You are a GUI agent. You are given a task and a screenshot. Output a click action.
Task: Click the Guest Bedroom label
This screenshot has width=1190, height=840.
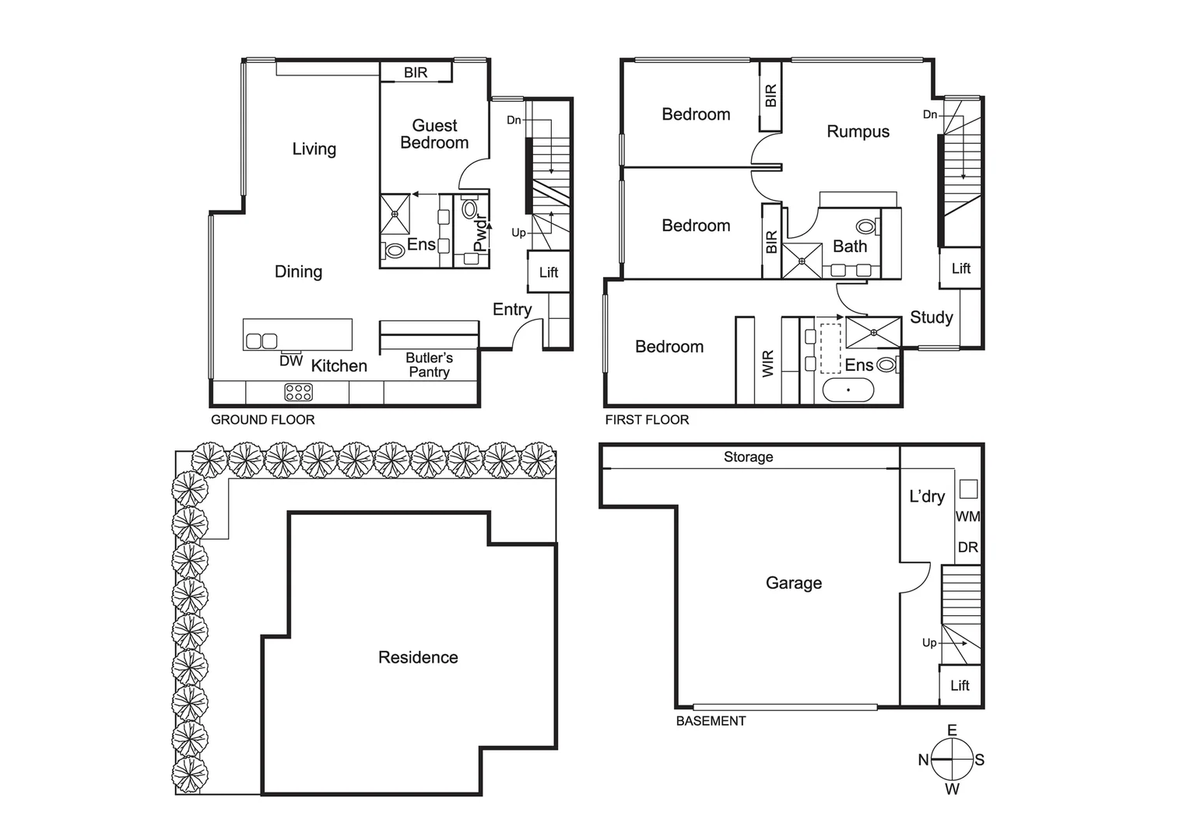coord(434,134)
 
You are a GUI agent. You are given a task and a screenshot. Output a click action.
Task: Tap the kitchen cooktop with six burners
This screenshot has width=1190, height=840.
coord(299,393)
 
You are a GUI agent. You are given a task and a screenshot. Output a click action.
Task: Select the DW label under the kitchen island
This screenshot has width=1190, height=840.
coord(291,361)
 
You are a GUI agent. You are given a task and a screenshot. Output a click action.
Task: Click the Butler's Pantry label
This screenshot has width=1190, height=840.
coord(429,365)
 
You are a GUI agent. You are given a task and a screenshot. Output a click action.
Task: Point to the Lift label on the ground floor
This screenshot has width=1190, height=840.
coord(549,272)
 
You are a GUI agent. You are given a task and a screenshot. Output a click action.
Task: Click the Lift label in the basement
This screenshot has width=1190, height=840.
coord(960,685)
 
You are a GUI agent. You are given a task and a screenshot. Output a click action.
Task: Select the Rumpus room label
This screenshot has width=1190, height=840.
coord(858,131)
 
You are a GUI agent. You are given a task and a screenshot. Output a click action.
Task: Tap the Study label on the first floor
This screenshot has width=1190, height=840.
coord(931,317)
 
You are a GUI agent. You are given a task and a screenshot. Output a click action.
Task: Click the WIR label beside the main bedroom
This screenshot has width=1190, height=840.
coord(768,364)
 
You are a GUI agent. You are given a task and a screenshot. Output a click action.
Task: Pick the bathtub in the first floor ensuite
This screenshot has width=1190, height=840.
coord(848,390)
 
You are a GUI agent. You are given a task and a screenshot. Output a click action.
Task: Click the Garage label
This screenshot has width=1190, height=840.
coord(793,583)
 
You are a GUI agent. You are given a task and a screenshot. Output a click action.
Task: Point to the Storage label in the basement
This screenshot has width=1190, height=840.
coord(748,457)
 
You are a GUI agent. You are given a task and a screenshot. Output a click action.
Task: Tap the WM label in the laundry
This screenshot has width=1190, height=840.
coord(967,516)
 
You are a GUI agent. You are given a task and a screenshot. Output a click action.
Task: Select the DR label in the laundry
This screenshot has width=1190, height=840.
coord(967,547)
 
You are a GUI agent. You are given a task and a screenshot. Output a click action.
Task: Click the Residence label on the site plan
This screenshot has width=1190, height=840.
coord(418,657)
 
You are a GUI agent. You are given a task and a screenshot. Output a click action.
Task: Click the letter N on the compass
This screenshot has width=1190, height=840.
coord(923,760)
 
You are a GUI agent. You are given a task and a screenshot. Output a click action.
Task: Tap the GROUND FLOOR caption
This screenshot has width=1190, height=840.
coord(263,420)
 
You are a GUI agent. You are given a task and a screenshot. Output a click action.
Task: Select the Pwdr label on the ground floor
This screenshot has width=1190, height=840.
coord(479,233)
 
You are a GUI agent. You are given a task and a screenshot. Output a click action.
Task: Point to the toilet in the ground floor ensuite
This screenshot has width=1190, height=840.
coord(394,250)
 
